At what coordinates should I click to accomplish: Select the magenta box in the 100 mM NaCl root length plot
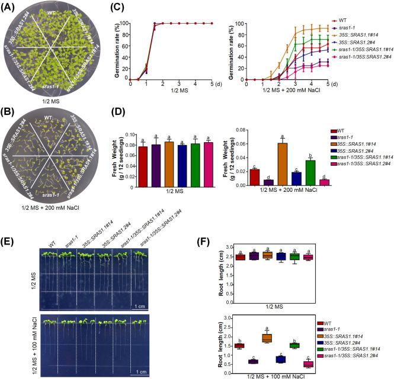tap(323, 364)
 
